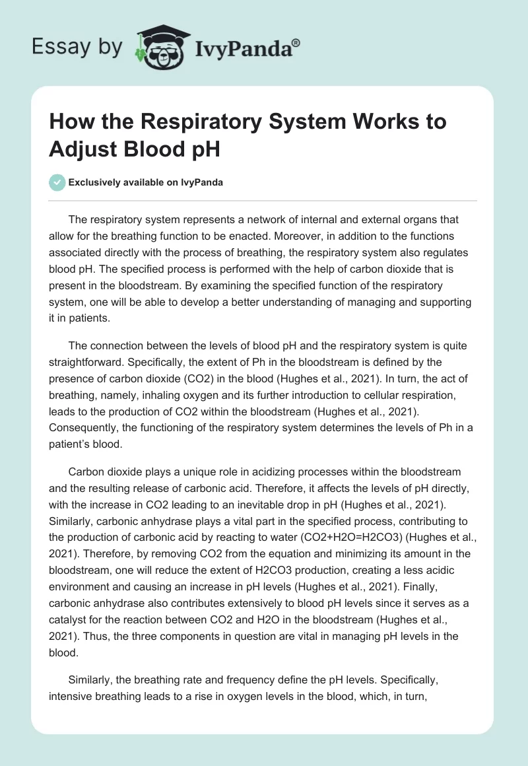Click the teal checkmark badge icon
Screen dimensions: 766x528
[x=58, y=183]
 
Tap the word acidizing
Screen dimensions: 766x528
[x=255, y=472]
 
